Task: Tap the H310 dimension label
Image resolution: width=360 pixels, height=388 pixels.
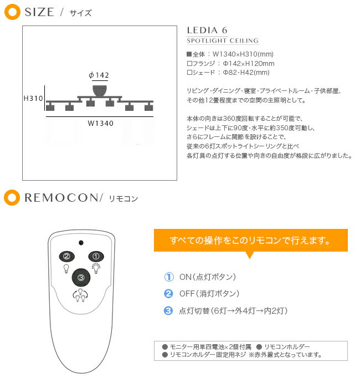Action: (x=34, y=98)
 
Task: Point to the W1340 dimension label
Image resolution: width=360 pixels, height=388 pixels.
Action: (x=101, y=123)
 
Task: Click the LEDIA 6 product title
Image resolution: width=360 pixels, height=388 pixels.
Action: (x=207, y=30)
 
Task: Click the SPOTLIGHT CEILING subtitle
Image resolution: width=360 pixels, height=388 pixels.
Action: (x=222, y=41)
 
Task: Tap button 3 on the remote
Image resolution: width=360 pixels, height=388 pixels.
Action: (x=81, y=278)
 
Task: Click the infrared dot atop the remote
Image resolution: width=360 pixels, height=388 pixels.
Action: (x=81, y=243)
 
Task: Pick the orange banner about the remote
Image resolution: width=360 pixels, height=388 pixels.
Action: (x=250, y=241)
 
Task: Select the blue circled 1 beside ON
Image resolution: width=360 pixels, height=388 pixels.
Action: (x=169, y=277)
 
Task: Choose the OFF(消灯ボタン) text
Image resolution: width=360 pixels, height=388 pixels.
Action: (x=209, y=294)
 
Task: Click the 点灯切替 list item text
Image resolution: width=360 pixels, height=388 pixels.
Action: (x=233, y=311)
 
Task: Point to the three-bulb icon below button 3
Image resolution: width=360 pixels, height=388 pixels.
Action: (x=81, y=295)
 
